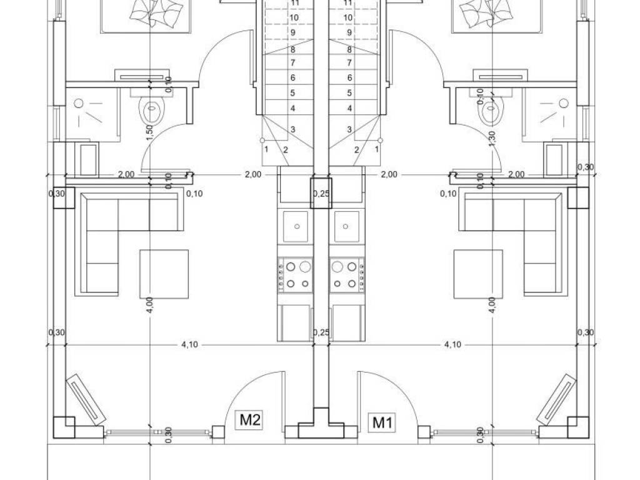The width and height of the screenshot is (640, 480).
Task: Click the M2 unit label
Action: [250, 419]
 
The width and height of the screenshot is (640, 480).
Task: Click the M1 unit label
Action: [382, 423]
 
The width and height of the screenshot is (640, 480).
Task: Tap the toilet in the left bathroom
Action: [152, 107]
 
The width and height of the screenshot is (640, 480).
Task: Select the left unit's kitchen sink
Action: [296, 226]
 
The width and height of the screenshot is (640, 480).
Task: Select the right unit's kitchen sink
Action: [346, 226]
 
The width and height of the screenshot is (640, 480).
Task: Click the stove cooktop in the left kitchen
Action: [296, 274]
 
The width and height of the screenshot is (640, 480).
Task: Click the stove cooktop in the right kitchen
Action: [347, 274]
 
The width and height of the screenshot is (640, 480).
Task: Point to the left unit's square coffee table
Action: [164, 274]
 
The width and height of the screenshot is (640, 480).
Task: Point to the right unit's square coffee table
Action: [478, 274]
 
